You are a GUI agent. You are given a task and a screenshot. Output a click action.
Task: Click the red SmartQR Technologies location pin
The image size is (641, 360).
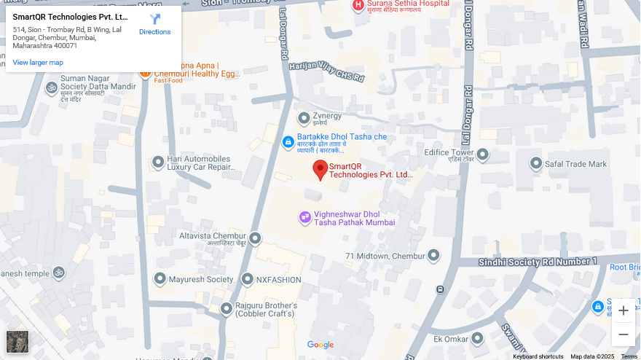(x=320, y=170)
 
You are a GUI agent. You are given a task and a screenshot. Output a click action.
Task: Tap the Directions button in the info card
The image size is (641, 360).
(x=154, y=24)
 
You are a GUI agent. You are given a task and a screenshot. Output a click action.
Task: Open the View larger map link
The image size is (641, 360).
(x=38, y=63)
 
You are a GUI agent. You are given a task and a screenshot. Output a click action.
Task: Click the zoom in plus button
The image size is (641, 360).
(x=623, y=310)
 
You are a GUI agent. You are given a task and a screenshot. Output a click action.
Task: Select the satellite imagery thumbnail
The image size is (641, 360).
(x=17, y=342)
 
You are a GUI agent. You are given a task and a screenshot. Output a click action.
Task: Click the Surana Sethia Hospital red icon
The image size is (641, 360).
(x=358, y=6)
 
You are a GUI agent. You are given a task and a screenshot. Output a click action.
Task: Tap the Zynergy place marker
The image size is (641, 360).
(x=304, y=118)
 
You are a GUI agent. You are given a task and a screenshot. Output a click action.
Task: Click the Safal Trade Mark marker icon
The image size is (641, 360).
(x=536, y=164)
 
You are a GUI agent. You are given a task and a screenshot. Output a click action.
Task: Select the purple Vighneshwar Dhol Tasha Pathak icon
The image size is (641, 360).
(x=305, y=217)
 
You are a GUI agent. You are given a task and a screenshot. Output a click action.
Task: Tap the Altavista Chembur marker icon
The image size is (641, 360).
(x=255, y=238)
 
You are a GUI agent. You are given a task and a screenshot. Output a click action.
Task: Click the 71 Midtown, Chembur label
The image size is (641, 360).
(x=385, y=256)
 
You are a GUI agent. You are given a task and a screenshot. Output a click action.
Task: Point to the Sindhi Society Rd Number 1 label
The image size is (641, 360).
(x=537, y=262)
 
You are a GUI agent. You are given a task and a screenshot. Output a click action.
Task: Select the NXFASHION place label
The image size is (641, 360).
(x=279, y=280)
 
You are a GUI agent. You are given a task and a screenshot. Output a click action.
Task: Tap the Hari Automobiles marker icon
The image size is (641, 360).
(x=158, y=163)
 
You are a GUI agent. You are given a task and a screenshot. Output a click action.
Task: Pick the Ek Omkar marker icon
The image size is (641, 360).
(x=477, y=339)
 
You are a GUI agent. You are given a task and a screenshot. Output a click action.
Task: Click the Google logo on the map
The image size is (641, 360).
(x=320, y=345)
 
